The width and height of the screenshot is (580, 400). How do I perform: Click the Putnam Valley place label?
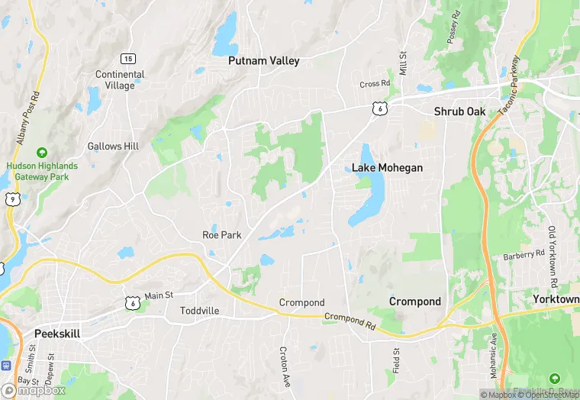(x=264, y=61)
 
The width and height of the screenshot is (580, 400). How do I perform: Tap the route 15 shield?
(x=127, y=59)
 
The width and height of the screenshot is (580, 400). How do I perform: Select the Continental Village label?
(x=120, y=80)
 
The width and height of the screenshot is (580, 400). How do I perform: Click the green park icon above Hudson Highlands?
(x=42, y=153)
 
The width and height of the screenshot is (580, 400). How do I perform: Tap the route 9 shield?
(x=11, y=198)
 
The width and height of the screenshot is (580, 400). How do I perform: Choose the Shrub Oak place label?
(x=459, y=111)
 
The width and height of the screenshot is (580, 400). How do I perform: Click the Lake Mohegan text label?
(x=387, y=168)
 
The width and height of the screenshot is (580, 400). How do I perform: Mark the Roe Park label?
(x=221, y=235)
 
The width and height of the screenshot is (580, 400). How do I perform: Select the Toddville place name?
(x=199, y=311)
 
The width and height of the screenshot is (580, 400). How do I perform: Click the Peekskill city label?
(x=57, y=334)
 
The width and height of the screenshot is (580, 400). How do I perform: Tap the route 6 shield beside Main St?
(x=134, y=303)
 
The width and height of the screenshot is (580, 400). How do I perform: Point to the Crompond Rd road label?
(x=350, y=321)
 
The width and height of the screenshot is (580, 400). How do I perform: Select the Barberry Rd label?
(x=524, y=253)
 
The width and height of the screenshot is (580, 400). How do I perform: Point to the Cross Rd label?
(x=375, y=83)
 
